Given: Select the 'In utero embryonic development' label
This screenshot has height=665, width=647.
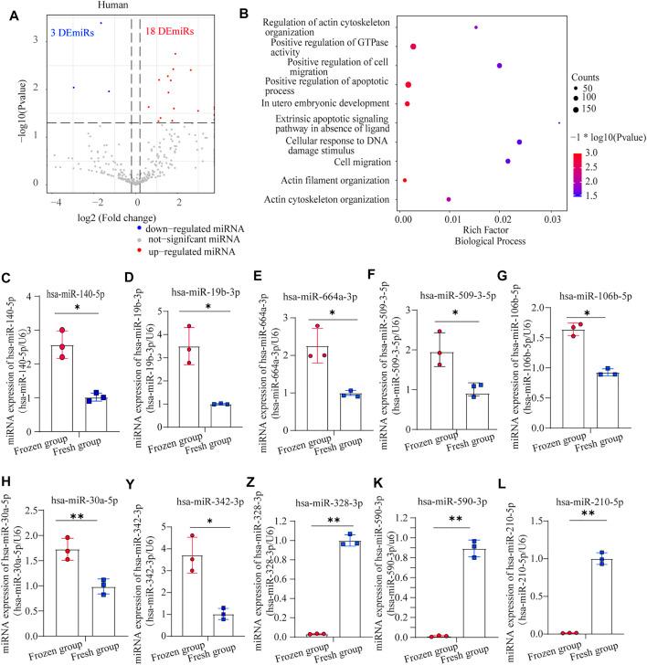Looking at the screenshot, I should [x=333, y=104].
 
